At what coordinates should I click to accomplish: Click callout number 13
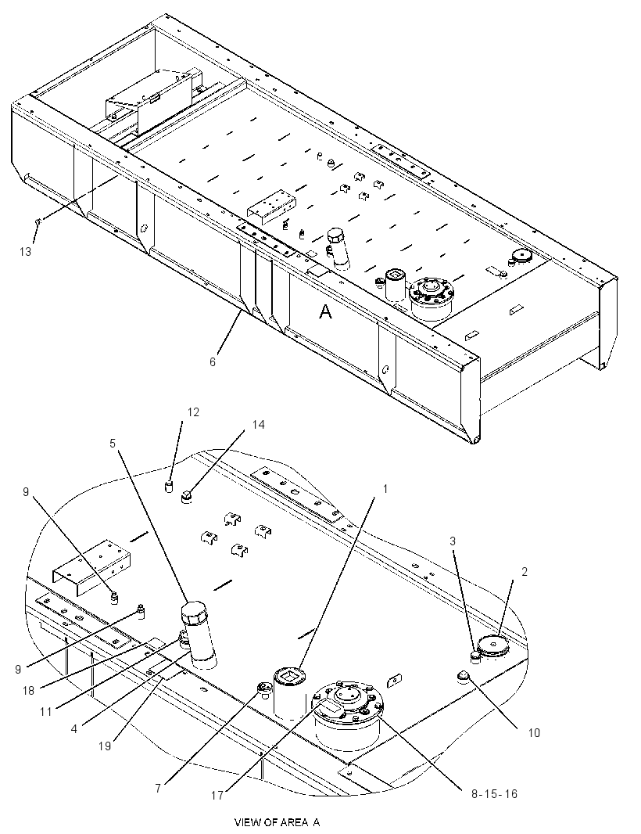point(26,251)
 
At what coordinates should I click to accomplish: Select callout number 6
point(213,361)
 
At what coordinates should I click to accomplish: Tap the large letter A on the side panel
point(325,311)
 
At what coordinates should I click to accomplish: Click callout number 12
point(193,412)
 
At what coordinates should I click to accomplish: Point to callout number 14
point(258,425)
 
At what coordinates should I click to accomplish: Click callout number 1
point(385,488)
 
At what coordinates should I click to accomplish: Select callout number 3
point(453,541)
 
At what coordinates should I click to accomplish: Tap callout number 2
point(524,572)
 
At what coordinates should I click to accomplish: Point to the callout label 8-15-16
point(494,794)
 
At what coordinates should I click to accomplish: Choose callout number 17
point(217,795)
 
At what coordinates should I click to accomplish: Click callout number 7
point(158,789)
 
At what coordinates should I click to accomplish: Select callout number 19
point(105,746)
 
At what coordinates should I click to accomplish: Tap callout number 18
point(27,690)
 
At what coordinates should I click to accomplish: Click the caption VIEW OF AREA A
point(277,822)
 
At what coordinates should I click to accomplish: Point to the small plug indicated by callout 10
point(464,676)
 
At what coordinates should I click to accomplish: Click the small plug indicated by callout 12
point(169,487)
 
